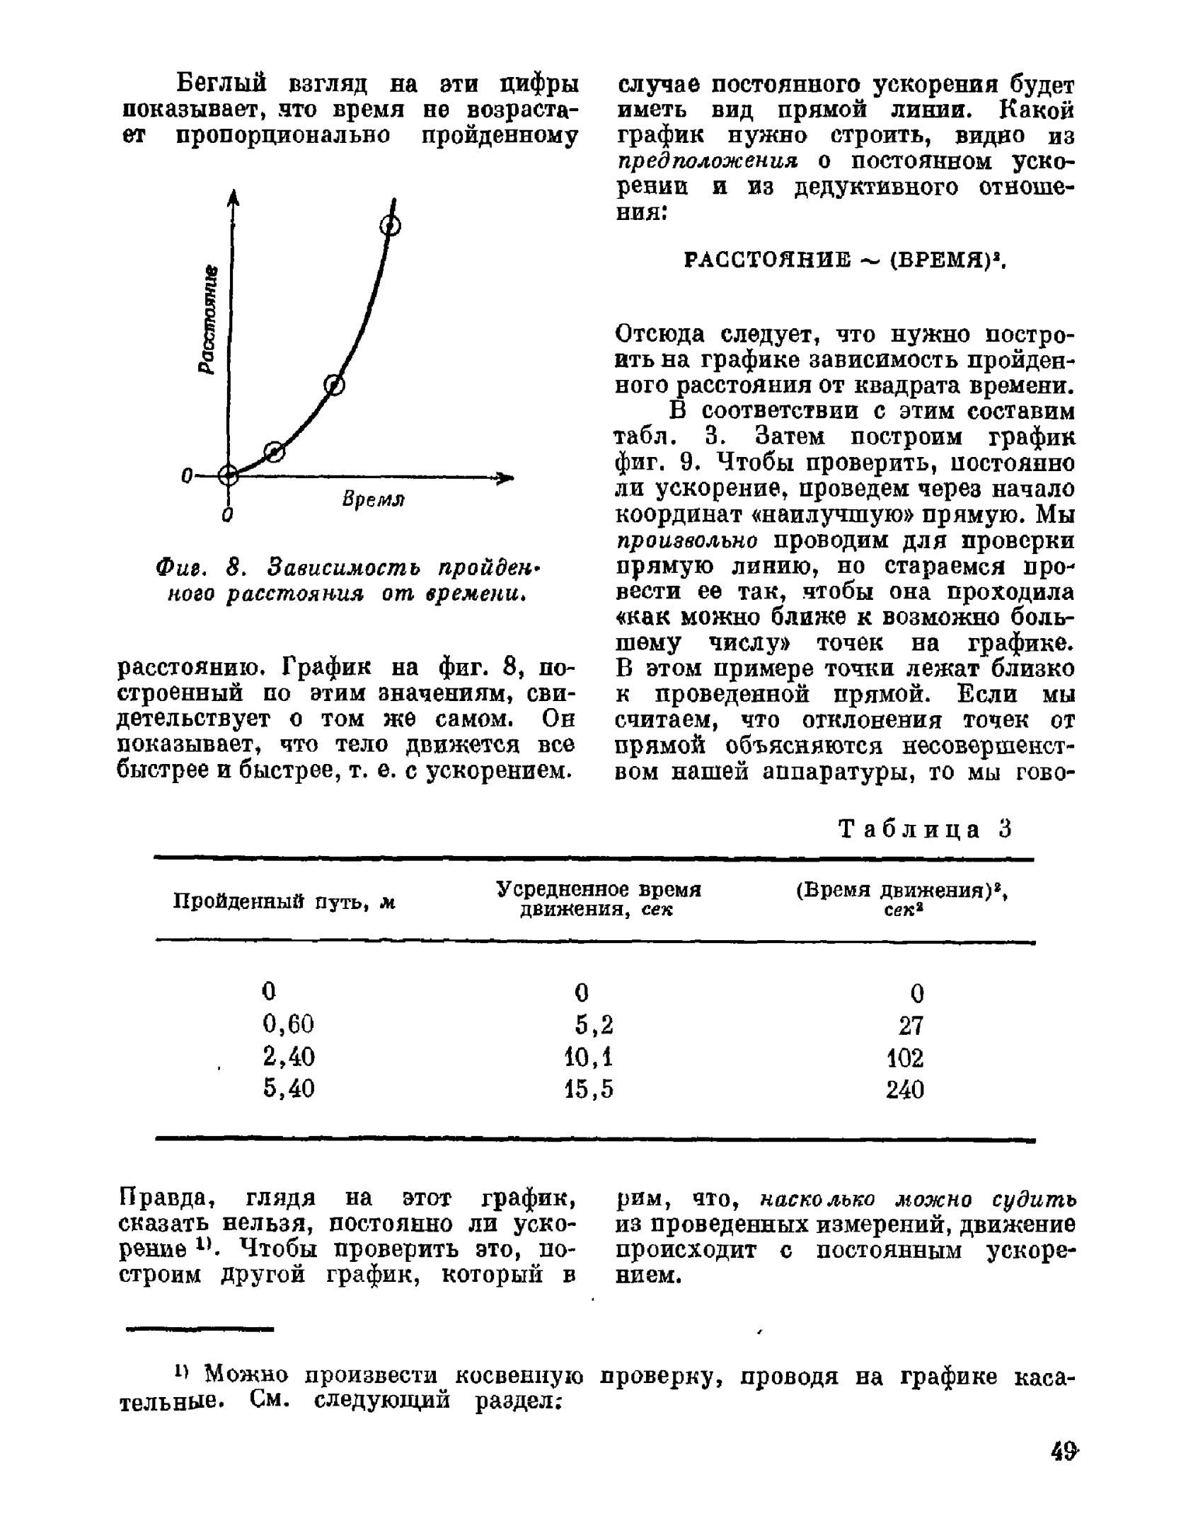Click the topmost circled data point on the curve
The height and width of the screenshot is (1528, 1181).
tap(391, 226)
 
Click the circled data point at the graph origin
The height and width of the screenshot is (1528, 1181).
tap(228, 475)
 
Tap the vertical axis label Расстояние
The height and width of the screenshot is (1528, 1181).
tap(209, 320)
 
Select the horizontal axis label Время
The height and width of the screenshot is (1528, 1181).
tap(373, 499)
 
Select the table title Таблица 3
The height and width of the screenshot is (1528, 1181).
tap(926, 828)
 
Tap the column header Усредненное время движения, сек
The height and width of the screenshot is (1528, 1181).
tap(598, 899)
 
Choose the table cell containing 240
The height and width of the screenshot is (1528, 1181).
tap(905, 1089)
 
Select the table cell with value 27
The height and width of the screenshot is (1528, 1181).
tap(911, 1025)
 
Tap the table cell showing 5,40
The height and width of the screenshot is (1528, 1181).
tap(288, 1088)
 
